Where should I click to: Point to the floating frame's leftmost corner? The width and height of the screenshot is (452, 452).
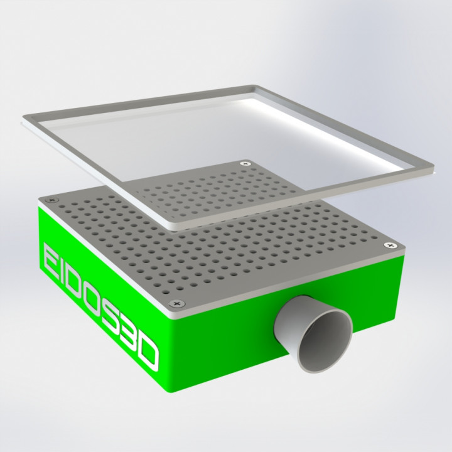click(25, 119)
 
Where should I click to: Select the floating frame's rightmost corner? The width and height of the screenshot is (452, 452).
click(433, 168)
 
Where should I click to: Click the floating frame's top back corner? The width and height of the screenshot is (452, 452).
click(256, 87)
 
